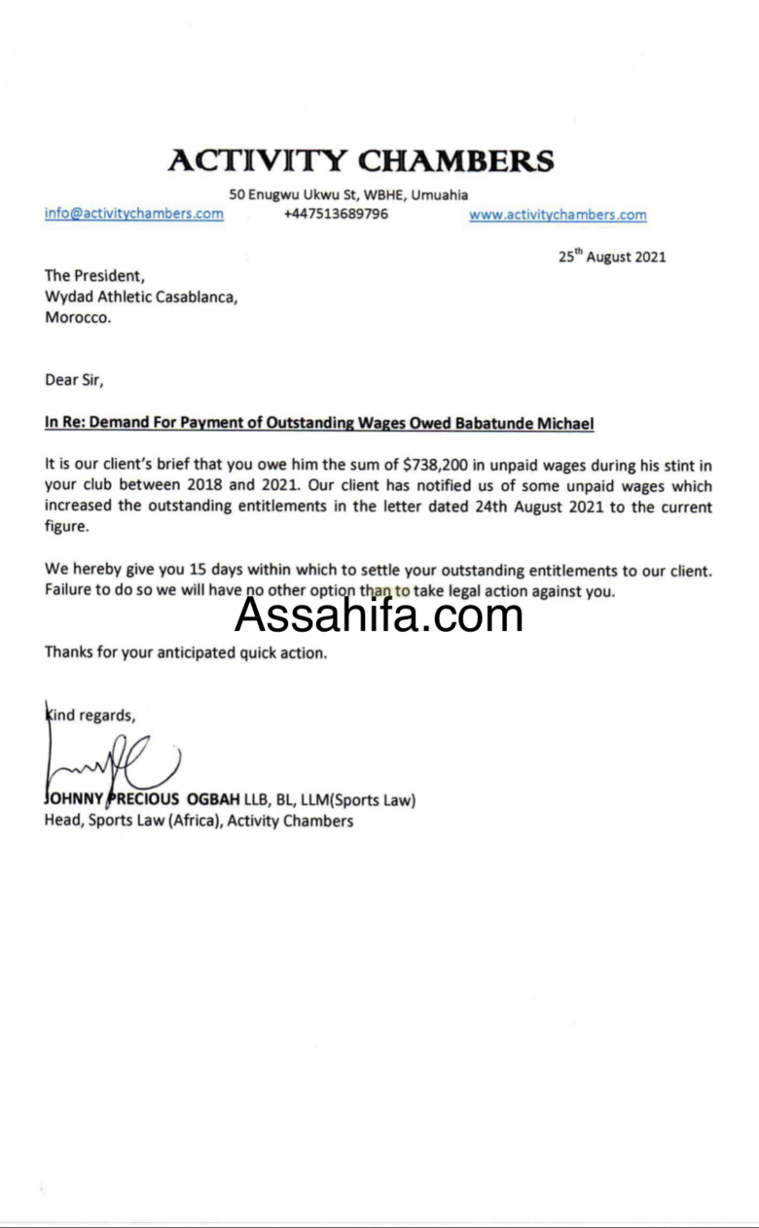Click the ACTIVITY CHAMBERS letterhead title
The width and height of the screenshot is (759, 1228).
pos(361,160)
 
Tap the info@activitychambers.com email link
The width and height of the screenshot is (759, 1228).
pos(134,214)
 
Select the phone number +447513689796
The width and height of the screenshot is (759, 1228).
pos(336,214)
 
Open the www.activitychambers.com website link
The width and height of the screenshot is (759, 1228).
pos(558,215)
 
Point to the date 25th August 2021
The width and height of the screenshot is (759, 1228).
pos(612,258)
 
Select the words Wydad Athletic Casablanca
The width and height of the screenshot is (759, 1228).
pos(141,297)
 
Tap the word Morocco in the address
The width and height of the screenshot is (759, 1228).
pos(78,317)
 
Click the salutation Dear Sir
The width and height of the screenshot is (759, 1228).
pos(74,380)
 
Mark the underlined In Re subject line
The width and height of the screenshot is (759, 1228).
pos(319,423)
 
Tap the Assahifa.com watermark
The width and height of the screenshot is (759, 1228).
pos(379,614)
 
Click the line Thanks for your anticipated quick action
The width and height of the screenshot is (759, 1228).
pos(186,653)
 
